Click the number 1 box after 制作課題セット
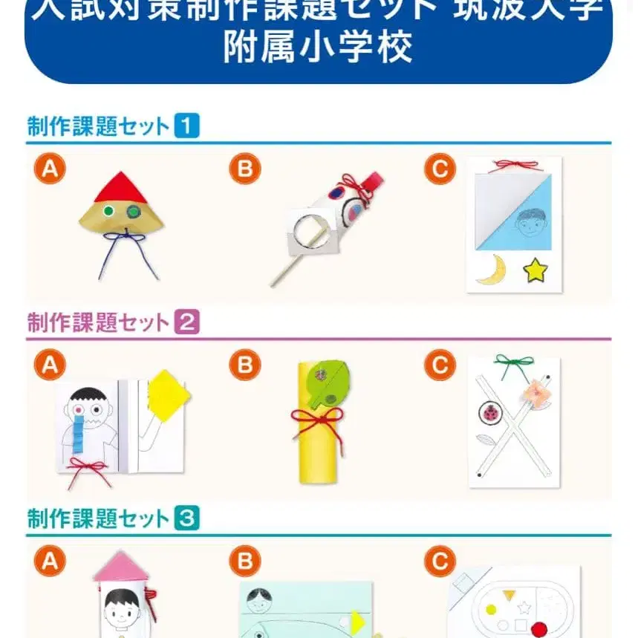coord(186,126)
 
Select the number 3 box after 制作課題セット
coord(186,518)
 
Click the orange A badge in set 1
coord(50,170)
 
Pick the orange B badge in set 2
coord(244,365)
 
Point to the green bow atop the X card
coord(514,363)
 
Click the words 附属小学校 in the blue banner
coord(318,49)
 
